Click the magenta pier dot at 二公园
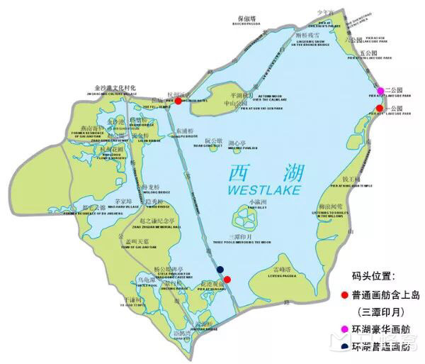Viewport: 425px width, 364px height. (x=380, y=90)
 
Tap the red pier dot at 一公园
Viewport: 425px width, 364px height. (x=380, y=108)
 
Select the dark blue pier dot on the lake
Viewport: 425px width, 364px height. (x=220, y=269)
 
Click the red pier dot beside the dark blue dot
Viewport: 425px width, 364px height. (x=227, y=278)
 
